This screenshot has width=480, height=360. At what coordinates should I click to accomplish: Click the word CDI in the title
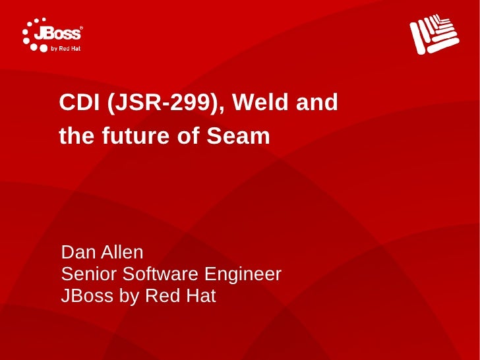click(77, 103)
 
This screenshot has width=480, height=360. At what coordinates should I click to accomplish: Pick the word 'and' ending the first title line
click(316, 103)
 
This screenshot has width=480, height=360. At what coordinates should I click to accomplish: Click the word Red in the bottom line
click(161, 296)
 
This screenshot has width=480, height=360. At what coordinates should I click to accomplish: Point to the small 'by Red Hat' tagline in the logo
click(67, 47)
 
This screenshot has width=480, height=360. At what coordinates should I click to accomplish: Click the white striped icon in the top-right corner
click(433, 34)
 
